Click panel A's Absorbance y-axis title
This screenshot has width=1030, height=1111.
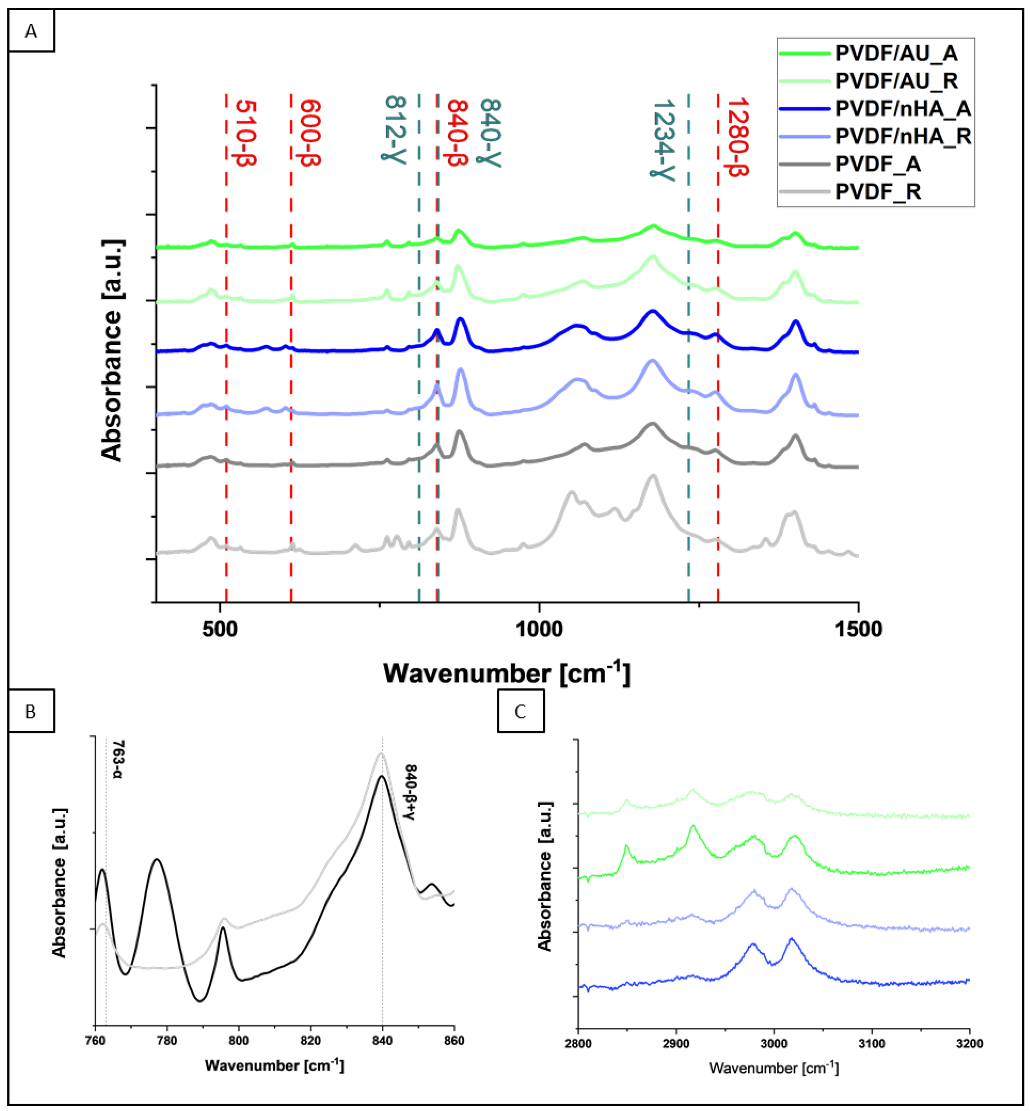pyautogui.click(x=112, y=351)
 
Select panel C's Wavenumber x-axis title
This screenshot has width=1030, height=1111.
pyautogui.click(x=774, y=1068)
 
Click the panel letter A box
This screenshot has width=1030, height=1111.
pyautogui.click(x=31, y=31)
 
